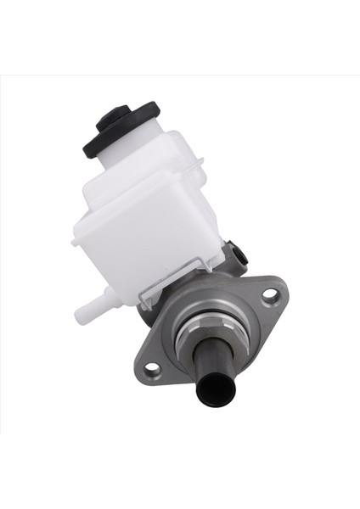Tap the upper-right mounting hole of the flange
[x=268, y=295]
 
